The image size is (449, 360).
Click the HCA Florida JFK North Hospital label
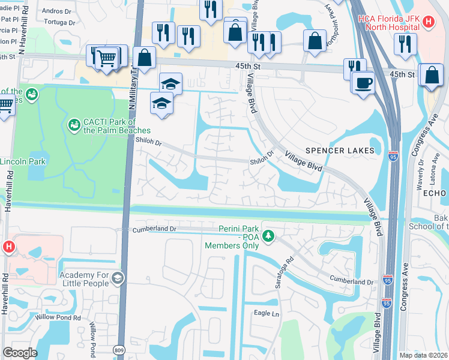tap(388, 23)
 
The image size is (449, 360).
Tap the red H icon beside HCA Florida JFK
tap(427, 23)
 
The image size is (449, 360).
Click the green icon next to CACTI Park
tap(74, 125)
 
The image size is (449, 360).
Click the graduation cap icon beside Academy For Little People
tap(118, 277)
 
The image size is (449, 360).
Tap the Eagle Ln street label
tap(267, 313)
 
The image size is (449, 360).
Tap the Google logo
tap(19, 353)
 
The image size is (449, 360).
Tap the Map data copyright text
tap(423, 355)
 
